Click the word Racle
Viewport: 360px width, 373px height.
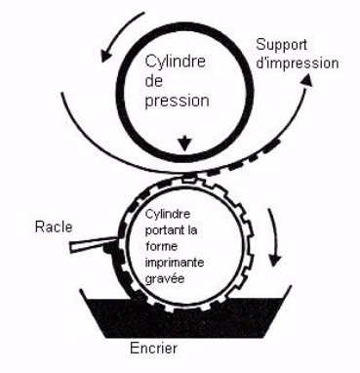point(54,227)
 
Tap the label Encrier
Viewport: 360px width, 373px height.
point(153,349)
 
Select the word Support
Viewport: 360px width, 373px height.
point(281,45)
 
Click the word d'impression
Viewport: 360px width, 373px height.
point(298,63)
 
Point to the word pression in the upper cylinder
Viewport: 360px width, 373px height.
point(177,102)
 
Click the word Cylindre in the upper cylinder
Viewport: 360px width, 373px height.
point(175,62)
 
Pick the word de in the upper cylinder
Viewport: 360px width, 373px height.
point(153,81)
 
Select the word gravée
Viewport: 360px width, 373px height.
point(165,279)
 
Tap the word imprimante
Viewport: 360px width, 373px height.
point(175,263)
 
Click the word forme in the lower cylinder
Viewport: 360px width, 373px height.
point(162,246)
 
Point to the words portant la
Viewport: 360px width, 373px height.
point(171,230)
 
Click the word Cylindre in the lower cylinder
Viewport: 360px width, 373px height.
point(168,214)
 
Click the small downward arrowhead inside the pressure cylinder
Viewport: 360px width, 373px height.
point(185,144)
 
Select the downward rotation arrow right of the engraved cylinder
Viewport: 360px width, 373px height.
point(274,236)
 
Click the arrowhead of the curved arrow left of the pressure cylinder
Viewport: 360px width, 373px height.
point(105,56)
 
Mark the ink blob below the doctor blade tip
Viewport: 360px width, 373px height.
point(108,249)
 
